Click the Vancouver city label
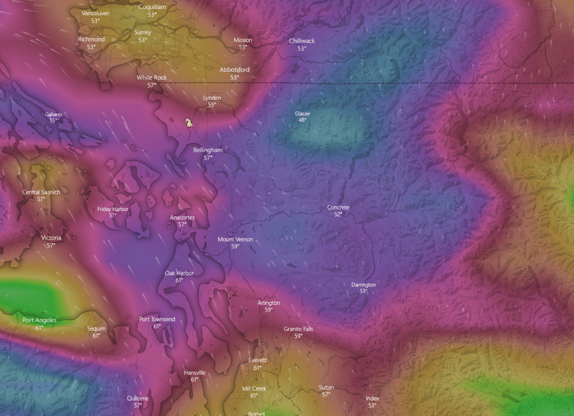pos(95,13)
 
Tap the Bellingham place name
pos(208,150)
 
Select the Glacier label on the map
pos(303,114)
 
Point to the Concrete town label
pos(338,207)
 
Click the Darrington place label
pos(363,285)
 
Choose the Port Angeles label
pos(39,320)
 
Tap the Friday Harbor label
pos(113,209)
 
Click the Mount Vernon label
pos(235,239)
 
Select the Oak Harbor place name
pos(179,273)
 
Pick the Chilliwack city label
pos(302,41)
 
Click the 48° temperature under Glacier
pos(303,120)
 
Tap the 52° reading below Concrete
pos(338,214)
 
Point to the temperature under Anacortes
pos(182,224)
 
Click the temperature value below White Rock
pos(151,85)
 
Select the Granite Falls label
pos(298,329)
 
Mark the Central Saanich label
pos(41,192)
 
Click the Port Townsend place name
pos(157,320)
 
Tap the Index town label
pos(372,399)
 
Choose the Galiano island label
pos(53,114)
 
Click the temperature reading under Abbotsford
pos(234,77)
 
